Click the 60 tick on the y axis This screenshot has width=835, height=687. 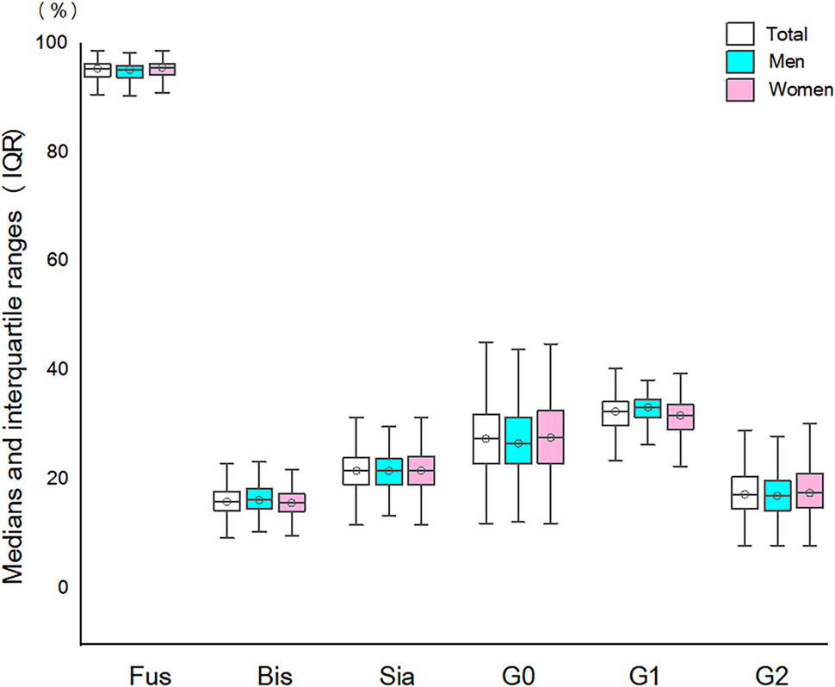tap(56, 260)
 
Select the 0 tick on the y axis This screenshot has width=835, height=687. tap(61, 587)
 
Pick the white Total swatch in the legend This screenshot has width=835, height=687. tap(739, 34)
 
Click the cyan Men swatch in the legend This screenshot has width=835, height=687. tap(739, 61)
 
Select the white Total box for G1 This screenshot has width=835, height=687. tap(615, 413)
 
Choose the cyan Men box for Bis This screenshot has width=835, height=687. tap(259, 498)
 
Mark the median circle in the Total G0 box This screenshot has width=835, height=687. tap(486, 439)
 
